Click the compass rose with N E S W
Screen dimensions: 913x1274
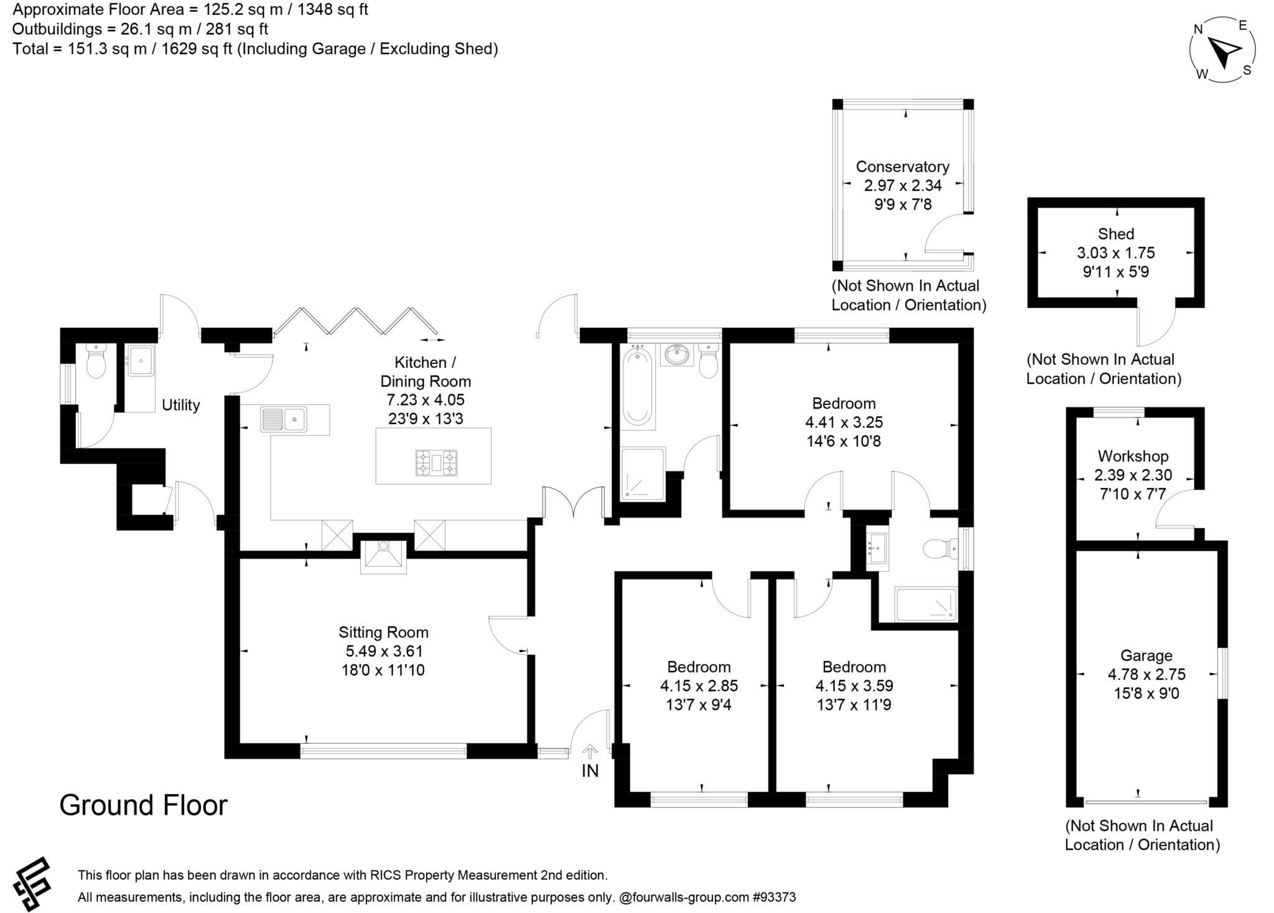click(x=1222, y=50)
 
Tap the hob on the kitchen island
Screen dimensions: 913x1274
click(x=436, y=463)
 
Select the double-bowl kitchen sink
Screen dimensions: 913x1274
click(x=284, y=419)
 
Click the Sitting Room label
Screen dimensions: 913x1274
click(x=383, y=633)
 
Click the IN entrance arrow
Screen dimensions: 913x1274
click(x=590, y=752)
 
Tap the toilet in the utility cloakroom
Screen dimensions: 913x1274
click(x=96, y=363)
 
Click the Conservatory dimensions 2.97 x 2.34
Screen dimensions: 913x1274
click(x=903, y=185)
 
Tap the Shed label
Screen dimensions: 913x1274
click(x=1116, y=234)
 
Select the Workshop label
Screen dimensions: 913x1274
click(x=1133, y=456)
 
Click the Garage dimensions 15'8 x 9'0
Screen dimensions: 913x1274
click(x=1146, y=693)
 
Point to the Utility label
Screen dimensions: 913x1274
click(x=180, y=405)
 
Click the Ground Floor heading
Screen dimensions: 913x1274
click(x=143, y=805)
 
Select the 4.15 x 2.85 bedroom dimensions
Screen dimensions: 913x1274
click(x=699, y=686)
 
